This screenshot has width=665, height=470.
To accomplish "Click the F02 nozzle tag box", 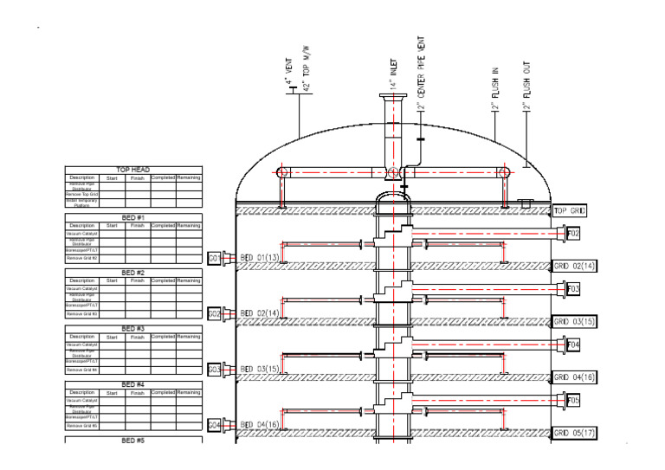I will pos(573,234).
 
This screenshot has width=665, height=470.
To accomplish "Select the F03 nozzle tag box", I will pos(573,288).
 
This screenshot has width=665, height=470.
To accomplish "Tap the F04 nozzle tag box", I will pos(573,345).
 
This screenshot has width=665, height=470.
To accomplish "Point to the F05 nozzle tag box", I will pos(573,401).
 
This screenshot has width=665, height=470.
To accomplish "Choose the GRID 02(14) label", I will pos(575,266).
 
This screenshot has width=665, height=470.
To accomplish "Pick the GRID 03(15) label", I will pos(575,322).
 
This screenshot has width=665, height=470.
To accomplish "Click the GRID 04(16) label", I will pos(575,377).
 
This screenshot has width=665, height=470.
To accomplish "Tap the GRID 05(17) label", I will pos(575,433).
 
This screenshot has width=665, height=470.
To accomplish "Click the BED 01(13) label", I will pos(260,258).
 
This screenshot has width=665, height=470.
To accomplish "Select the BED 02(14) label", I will pos(260,313).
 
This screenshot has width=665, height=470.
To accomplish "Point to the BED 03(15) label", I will pos(260,370).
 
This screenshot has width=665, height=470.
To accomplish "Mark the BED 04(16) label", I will pos(260,425).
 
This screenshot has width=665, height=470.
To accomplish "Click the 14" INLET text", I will pos(393,73).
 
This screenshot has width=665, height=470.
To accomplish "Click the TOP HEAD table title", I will pos(133,171).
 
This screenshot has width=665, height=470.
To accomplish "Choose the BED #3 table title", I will pos(133,329).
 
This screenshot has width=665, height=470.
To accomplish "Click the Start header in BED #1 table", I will pos(112,225).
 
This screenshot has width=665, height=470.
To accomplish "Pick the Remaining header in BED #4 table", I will pos(188,392).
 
